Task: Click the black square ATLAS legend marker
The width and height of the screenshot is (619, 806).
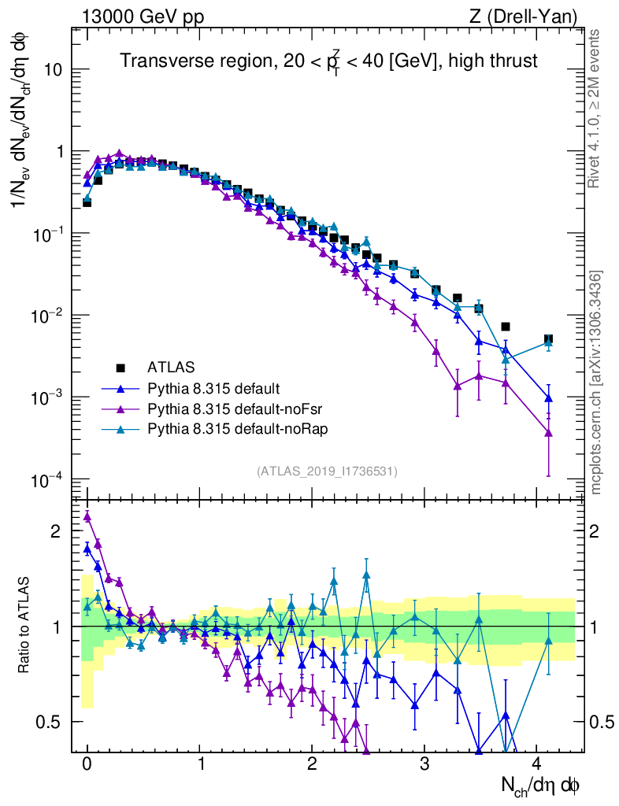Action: (x=120, y=368)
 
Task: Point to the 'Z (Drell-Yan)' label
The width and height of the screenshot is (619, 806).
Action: (x=533, y=17)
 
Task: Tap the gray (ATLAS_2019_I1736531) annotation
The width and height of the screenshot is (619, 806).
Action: (x=327, y=471)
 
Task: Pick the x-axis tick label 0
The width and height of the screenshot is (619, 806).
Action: (x=87, y=764)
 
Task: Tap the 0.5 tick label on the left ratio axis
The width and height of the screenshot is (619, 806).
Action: (x=52, y=722)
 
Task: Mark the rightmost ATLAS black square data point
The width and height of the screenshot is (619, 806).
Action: (x=548, y=339)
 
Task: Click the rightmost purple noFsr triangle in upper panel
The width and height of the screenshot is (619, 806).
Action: (x=548, y=432)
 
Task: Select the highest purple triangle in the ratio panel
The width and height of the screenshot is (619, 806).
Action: (x=87, y=516)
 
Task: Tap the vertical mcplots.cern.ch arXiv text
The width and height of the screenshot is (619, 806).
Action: (x=596, y=383)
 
